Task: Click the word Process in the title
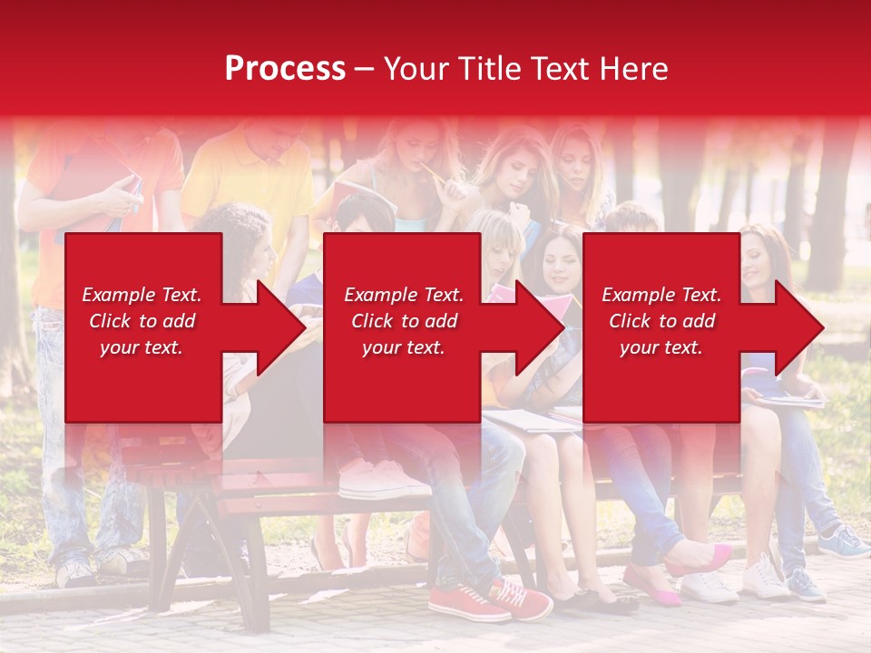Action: point(285,68)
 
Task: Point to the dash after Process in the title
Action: point(364,69)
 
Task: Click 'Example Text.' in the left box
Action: point(142,295)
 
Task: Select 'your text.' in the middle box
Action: point(403,347)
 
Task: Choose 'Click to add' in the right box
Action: point(661,321)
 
